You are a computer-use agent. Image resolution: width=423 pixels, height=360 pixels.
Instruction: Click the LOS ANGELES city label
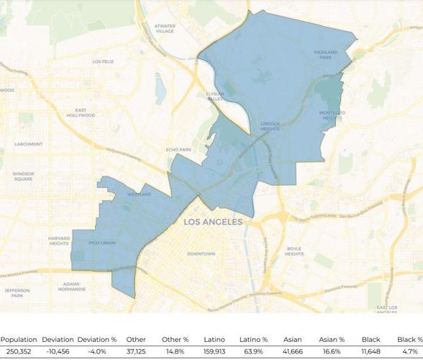212,222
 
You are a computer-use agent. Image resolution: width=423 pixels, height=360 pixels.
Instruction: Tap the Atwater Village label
165,29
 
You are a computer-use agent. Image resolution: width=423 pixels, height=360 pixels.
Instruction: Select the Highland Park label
325,55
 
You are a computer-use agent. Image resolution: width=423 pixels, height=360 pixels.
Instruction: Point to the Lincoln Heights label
270,127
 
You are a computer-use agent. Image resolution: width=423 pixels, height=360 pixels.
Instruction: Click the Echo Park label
178,150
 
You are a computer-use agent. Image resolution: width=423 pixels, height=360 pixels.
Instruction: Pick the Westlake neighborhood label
139,194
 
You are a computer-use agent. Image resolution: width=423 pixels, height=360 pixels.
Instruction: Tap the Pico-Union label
102,243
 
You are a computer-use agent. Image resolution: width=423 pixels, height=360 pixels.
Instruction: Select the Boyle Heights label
294,251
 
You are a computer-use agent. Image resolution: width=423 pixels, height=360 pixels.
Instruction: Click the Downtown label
201,254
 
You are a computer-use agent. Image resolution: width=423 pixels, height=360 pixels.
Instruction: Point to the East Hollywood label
81,113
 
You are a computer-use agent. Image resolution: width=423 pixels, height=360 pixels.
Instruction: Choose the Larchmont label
28,144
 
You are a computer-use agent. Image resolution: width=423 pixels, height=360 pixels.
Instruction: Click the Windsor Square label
23,176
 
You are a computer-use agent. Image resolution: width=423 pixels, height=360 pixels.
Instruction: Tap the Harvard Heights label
59,240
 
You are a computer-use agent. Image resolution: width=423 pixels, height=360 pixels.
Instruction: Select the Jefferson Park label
17,292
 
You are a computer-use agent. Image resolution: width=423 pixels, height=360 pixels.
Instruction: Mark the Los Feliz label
103,62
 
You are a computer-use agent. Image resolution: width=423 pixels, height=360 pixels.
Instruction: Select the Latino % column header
253,339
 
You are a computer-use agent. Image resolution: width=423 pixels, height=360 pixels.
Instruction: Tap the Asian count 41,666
293,351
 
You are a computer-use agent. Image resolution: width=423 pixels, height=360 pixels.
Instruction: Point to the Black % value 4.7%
409,351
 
